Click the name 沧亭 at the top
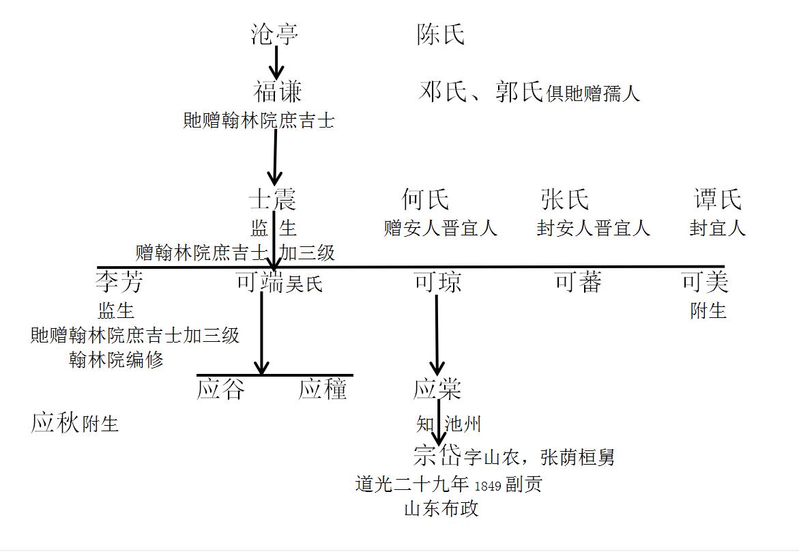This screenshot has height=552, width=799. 274,34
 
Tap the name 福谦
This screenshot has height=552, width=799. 277,91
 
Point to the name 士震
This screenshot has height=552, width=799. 273,200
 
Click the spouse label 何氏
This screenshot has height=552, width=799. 426,200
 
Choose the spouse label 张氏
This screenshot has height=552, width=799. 564,200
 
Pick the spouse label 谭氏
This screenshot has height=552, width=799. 717,200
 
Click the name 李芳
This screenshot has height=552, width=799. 119,281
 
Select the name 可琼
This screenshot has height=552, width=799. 437,282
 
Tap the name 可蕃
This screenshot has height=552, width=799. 577,281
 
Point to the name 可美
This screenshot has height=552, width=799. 705,281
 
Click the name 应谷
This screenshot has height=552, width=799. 220,389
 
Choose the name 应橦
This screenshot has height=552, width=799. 323,389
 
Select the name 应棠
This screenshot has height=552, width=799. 437,389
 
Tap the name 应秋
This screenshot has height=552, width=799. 55,423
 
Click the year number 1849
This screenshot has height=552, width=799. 487,486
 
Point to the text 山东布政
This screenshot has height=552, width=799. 441,508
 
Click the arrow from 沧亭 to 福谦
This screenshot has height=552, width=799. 276,63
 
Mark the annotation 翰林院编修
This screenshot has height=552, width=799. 116,360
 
